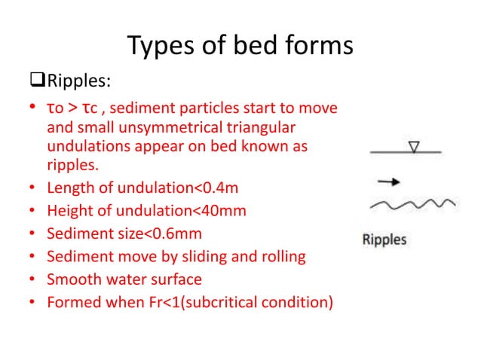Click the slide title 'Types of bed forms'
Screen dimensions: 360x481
click(240, 46)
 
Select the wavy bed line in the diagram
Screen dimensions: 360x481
click(411, 204)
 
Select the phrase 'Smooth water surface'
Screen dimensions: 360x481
click(124, 280)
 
